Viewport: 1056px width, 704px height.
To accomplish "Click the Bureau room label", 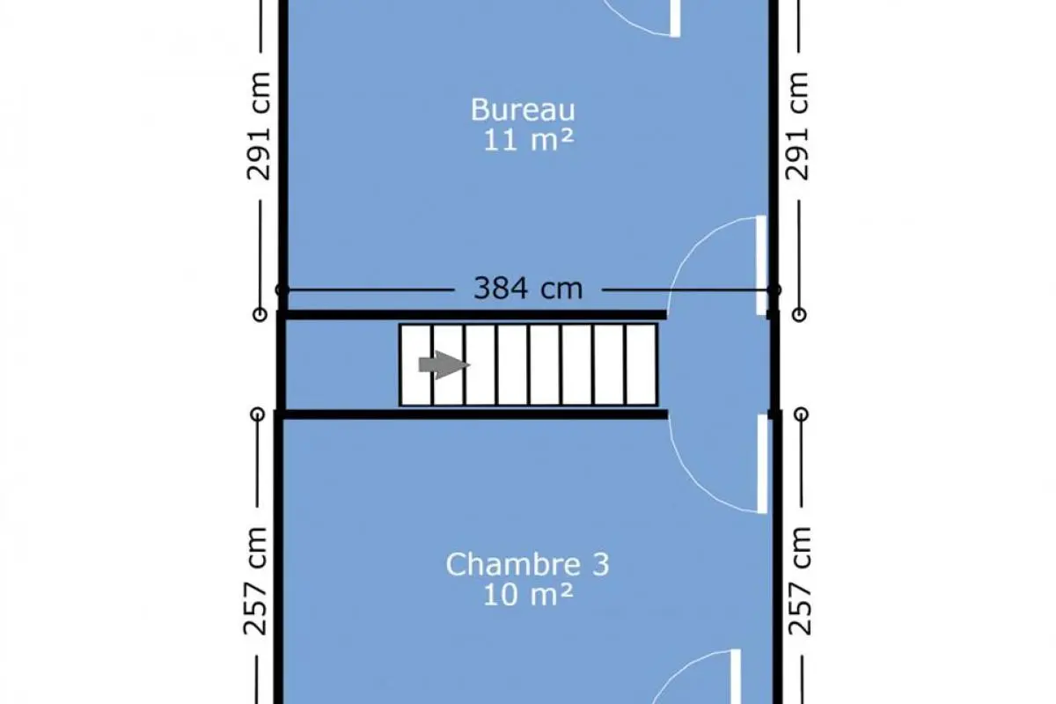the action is coord(523,109).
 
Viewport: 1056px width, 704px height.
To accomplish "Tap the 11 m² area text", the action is coord(529,140).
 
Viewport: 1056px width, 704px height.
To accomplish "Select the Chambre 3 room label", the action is coord(527,564).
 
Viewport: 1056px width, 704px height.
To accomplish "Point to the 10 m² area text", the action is coord(528,595).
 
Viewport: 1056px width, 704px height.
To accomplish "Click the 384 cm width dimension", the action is coord(528,288).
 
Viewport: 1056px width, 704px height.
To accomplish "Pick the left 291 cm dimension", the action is coord(259,126).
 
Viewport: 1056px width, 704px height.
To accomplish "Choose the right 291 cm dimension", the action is coord(796,126).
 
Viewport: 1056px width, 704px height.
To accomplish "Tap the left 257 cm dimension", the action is coord(255,581).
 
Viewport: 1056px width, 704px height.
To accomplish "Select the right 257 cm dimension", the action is coord(800,581).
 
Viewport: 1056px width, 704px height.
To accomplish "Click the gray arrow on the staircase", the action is coord(444,364).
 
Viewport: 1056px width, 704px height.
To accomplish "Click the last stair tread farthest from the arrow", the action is coord(642,364).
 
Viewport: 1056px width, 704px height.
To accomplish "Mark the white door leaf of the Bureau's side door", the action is coord(761,265).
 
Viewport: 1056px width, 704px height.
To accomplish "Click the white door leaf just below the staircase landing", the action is coord(762,464).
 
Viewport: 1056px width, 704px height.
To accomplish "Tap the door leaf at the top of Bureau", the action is coord(675,18).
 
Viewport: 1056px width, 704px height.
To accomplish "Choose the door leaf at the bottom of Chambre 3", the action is coord(736,677).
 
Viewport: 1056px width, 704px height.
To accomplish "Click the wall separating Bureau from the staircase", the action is coord(473,315).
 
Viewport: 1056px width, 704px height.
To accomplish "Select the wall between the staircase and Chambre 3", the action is coord(473,414).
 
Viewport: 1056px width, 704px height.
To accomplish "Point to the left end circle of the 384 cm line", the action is coord(282,290).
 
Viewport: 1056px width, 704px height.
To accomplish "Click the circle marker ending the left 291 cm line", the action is coord(260,314).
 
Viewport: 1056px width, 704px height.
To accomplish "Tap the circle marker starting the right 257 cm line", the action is coord(802,414).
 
